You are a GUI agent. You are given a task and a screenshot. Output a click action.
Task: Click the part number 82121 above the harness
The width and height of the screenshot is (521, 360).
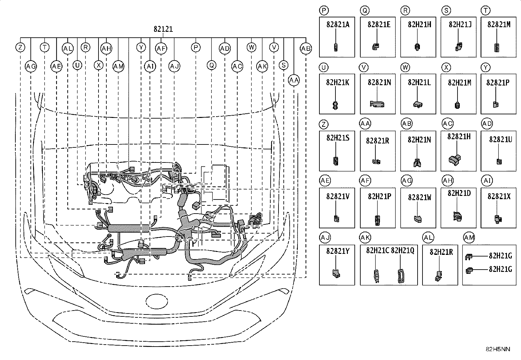pos(163,29)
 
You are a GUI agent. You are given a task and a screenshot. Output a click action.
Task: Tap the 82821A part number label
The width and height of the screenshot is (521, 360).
pos(338,25)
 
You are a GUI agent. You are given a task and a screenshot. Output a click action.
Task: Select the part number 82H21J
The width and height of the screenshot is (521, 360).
pos(460,25)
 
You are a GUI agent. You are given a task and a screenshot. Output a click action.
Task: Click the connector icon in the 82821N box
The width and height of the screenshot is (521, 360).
pos(377,104)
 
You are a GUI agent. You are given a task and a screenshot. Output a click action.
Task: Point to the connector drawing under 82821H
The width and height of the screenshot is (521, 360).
pos(455,160)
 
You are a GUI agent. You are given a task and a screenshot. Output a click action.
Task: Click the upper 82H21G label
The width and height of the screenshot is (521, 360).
pos(500,256)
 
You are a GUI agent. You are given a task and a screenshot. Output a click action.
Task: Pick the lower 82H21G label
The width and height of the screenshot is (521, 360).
pos(500,269)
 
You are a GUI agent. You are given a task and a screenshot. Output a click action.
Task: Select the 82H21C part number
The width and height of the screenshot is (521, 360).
pos(377,251)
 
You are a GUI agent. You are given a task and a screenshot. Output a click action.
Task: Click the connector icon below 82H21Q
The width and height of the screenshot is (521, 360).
pos(401,276)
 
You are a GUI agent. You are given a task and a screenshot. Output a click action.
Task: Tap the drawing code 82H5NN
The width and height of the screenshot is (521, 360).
pos(498,349)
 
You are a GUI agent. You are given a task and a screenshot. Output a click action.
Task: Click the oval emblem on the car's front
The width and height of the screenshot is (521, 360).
pos(157,301)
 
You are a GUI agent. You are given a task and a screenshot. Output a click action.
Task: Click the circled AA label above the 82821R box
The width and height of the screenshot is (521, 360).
pos(365,123)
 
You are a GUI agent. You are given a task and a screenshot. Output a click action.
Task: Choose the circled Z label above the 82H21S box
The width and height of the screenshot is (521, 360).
pos(324,124)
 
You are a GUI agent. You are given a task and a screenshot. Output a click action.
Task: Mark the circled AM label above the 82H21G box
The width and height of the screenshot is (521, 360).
pos(469,237)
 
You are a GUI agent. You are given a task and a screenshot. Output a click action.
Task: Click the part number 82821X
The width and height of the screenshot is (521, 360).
pos(499,197)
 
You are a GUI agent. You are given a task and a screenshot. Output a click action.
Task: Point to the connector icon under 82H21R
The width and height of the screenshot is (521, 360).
pos(438,276)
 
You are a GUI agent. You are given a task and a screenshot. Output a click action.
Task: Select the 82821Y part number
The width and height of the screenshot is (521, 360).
pos(338,251)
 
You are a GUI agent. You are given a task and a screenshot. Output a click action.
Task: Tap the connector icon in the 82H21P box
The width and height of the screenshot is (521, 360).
pos(377,220)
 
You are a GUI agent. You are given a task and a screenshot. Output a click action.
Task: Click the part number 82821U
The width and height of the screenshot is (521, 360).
pos(500,140)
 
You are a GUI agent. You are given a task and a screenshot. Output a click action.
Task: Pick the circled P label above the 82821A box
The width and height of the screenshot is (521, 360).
pos(324,10)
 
